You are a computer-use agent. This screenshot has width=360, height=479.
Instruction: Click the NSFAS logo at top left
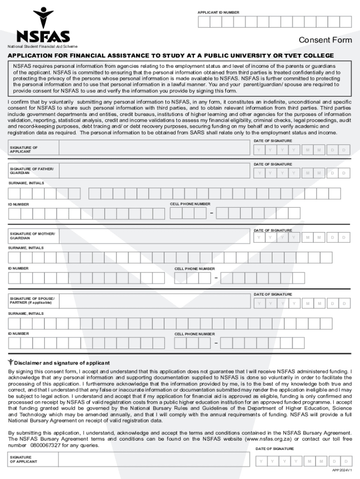(x=43, y=26)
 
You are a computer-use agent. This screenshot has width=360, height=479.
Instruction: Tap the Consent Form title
(x=325, y=40)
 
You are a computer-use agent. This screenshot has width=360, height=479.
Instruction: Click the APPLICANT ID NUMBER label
(x=218, y=12)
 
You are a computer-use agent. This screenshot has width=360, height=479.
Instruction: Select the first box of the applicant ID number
(x=204, y=22)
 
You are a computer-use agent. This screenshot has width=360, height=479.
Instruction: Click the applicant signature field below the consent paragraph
(x=154, y=149)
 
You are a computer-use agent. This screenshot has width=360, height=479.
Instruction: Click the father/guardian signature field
(x=154, y=171)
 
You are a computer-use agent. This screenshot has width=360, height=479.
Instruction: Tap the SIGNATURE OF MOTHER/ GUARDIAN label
(x=32, y=236)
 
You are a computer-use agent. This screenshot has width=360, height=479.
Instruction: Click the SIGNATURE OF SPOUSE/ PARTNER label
(x=32, y=300)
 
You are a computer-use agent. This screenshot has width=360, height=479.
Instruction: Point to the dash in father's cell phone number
(x=212, y=214)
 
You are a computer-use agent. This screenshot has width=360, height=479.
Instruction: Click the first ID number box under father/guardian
(x=14, y=213)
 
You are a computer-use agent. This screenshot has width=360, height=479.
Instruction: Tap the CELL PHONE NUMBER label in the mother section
(x=194, y=269)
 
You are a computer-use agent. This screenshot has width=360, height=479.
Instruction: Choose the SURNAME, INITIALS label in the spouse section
(x=26, y=313)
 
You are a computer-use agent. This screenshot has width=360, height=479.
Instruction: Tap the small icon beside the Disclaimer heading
(x=11, y=362)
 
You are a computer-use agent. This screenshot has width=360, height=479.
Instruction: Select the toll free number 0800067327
(x=45, y=446)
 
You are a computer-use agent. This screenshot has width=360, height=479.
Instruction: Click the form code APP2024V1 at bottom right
(x=341, y=470)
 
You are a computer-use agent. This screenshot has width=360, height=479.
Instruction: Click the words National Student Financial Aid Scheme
(x=42, y=46)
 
